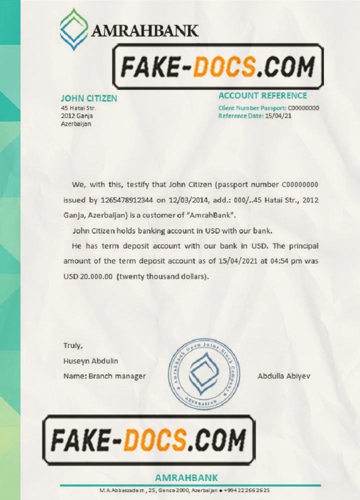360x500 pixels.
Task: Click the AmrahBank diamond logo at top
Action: click(x=74, y=29)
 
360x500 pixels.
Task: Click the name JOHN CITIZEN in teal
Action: click(x=89, y=98)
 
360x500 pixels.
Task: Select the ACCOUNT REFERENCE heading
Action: click(x=263, y=95)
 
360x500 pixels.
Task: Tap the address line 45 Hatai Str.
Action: click(x=78, y=108)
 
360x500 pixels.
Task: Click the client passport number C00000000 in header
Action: click(x=304, y=108)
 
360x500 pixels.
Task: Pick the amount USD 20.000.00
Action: click(x=87, y=276)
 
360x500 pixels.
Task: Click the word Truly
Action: click(x=73, y=345)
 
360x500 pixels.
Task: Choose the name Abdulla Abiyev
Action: click(x=284, y=375)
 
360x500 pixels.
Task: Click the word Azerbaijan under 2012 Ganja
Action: click(x=76, y=123)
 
